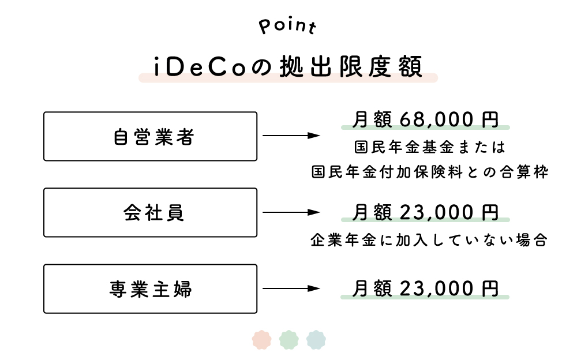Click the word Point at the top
coord(287,26)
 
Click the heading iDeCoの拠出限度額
coord(288,67)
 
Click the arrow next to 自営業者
coord(291,136)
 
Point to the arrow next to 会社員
coord(291,212)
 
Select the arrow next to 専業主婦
coord(291,288)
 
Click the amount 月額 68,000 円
coord(425,119)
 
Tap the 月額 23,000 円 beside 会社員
coord(425,212)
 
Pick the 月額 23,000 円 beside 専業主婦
coord(425,288)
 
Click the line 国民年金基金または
coord(429,147)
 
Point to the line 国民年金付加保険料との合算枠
coord(430,172)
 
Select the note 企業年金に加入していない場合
coord(429,240)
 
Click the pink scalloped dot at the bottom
coord(261,340)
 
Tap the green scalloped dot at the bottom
coord(289,340)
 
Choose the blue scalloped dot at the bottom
coord(316,340)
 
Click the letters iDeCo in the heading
coord(200,67)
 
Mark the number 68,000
coord(436,119)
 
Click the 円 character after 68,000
coord(490,119)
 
